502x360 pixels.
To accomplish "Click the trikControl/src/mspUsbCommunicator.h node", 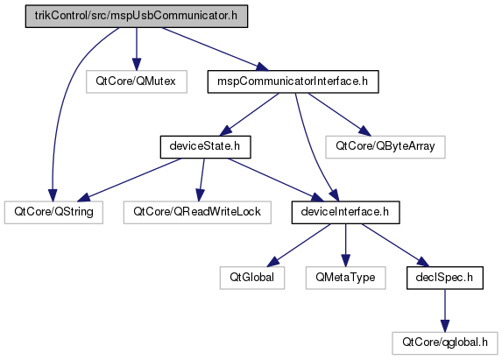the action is coord(137,16).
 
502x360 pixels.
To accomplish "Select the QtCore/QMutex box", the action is coord(137,81).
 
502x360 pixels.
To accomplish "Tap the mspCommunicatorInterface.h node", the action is coord(293,81).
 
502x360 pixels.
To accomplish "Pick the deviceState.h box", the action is coord(205,147).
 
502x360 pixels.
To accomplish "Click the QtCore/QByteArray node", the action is coord(385,147).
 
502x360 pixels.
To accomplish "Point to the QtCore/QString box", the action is coord(53,212).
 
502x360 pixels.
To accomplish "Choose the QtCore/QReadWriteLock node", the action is coord(197,212).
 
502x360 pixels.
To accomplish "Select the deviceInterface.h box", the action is coord(345,212).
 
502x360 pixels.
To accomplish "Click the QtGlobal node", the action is coord(252,278).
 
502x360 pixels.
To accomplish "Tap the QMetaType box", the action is coord(345,278).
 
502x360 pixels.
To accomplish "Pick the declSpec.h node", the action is coord(445,278).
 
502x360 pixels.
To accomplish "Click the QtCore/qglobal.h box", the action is coord(445,343).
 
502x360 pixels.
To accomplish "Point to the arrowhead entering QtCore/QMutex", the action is coord(137,64).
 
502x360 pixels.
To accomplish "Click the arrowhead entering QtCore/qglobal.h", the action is coord(445,326).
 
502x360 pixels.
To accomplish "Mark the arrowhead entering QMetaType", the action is coord(345,260).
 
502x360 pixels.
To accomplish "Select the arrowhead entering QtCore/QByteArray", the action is coord(365,131).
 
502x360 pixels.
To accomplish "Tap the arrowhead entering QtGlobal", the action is coord(272,262).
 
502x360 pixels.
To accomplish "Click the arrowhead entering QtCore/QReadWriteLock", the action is coord(200,195).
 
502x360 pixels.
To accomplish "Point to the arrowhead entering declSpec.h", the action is coord(423,262).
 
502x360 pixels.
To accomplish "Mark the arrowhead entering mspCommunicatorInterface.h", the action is coord(263,67).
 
